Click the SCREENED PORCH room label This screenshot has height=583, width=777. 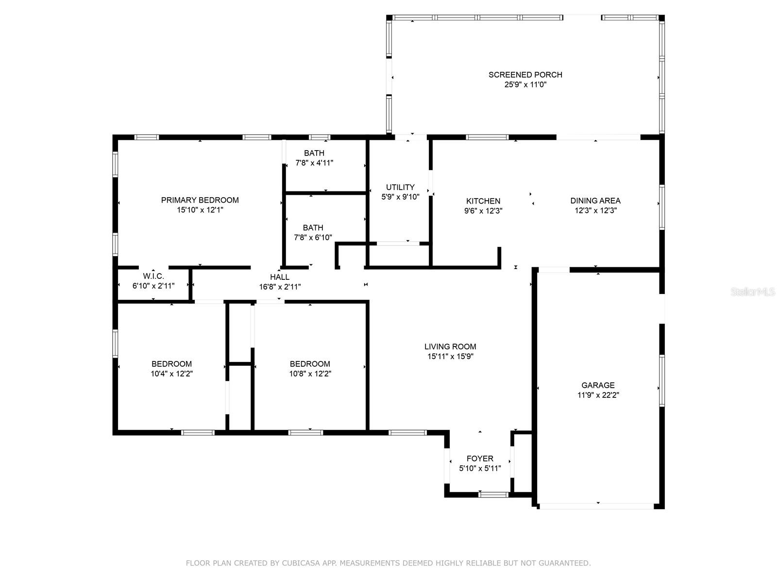point(525,75)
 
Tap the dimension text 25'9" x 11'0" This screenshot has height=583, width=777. point(525,85)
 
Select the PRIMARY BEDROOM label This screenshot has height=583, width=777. point(200,200)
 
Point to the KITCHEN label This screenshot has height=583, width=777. point(483,201)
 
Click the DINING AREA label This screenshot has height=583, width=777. point(595,201)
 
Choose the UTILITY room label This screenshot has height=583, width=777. point(400,187)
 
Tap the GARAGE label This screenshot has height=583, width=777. point(598,385)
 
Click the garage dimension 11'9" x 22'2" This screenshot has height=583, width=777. point(598,395)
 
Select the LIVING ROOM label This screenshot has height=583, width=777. point(450,346)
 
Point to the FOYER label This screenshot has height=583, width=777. point(480,459)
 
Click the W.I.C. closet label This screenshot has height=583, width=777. point(153,276)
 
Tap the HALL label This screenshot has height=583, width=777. point(280,277)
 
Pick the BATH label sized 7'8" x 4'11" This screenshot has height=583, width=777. point(314,153)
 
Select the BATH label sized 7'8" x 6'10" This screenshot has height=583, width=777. point(313,227)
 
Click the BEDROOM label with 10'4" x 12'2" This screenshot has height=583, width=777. point(171,364)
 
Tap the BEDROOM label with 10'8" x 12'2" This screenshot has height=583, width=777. point(310,364)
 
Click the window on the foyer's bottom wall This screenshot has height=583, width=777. point(493,495)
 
